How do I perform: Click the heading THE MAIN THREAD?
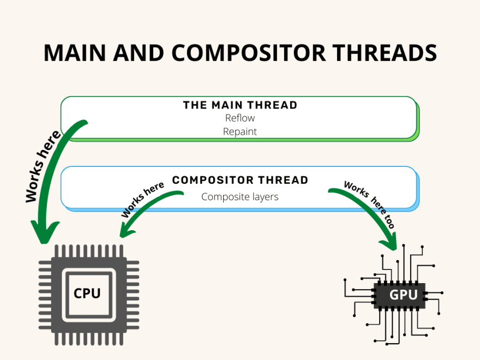click(240, 105)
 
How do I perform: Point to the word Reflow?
click(240, 118)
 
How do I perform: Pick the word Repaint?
click(240, 131)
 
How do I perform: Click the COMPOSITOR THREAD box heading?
click(240, 180)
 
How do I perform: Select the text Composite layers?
click(240, 197)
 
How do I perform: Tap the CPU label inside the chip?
click(87, 293)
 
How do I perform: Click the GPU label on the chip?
click(403, 295)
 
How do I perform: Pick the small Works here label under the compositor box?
click(143, 200)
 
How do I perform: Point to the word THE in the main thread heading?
click(195, 105)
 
